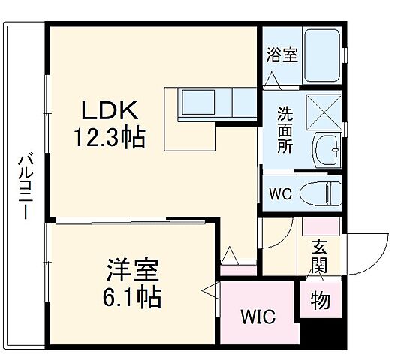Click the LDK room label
point(110,112)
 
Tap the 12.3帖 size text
point(110,137)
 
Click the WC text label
point(280,193)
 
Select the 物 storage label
point(320,301)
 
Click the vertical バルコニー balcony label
point(23,186)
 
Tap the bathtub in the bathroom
point(321,56)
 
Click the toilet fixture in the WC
point(321,194)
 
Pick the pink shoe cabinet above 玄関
point(322,226)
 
